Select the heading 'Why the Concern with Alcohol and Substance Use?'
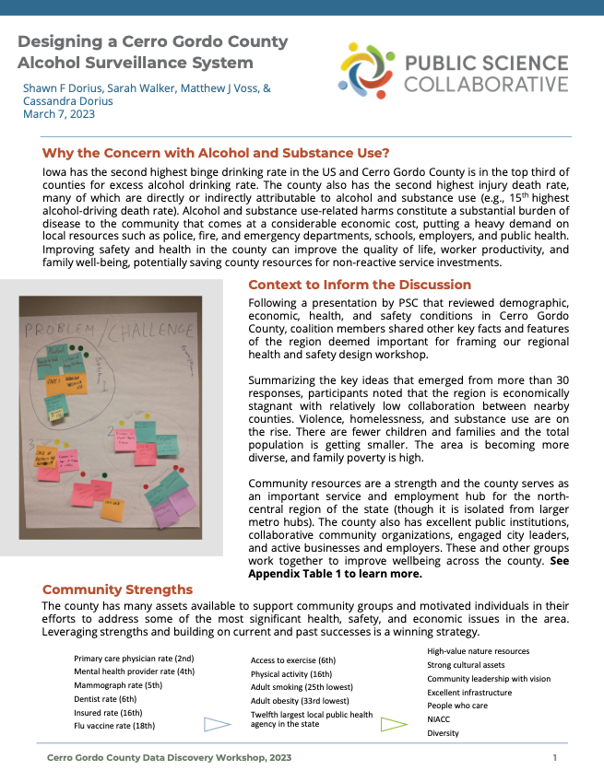[x=216, y=153]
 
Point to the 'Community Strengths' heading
[x=117, y=589]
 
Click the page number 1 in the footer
[x=555, y=757]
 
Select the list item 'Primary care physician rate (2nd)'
[x=134, y=659]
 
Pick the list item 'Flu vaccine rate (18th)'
[x=114, y=726]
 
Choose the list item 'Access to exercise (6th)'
[x=292, y=660]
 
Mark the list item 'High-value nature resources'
[x=478, y=651]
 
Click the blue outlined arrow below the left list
[x=217, y=724]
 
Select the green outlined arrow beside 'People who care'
[x=394, y=724]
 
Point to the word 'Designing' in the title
[x=62, y=42]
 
